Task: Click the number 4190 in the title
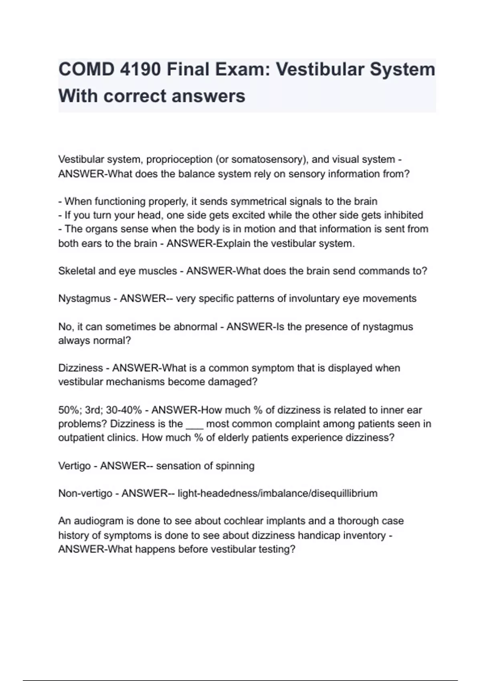[140, 69]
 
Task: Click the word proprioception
[179, 159]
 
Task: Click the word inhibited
[404, 215]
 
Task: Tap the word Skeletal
[77, 271]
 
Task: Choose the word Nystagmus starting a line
[84, 298]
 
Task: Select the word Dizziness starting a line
[81, 368]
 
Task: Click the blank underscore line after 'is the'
[195, 425]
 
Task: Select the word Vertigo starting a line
[75, 465]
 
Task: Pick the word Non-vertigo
[85, 493]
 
